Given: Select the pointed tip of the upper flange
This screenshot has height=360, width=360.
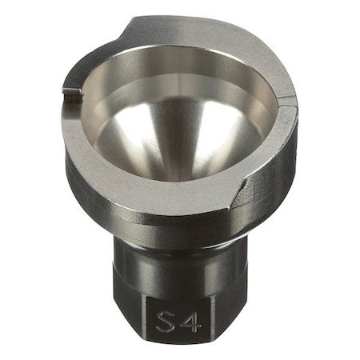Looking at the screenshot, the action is pyautogui.click(x=133, y=18).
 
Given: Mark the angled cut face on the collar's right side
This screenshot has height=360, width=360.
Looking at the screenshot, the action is pyautogui.click(x=242, y=192).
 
